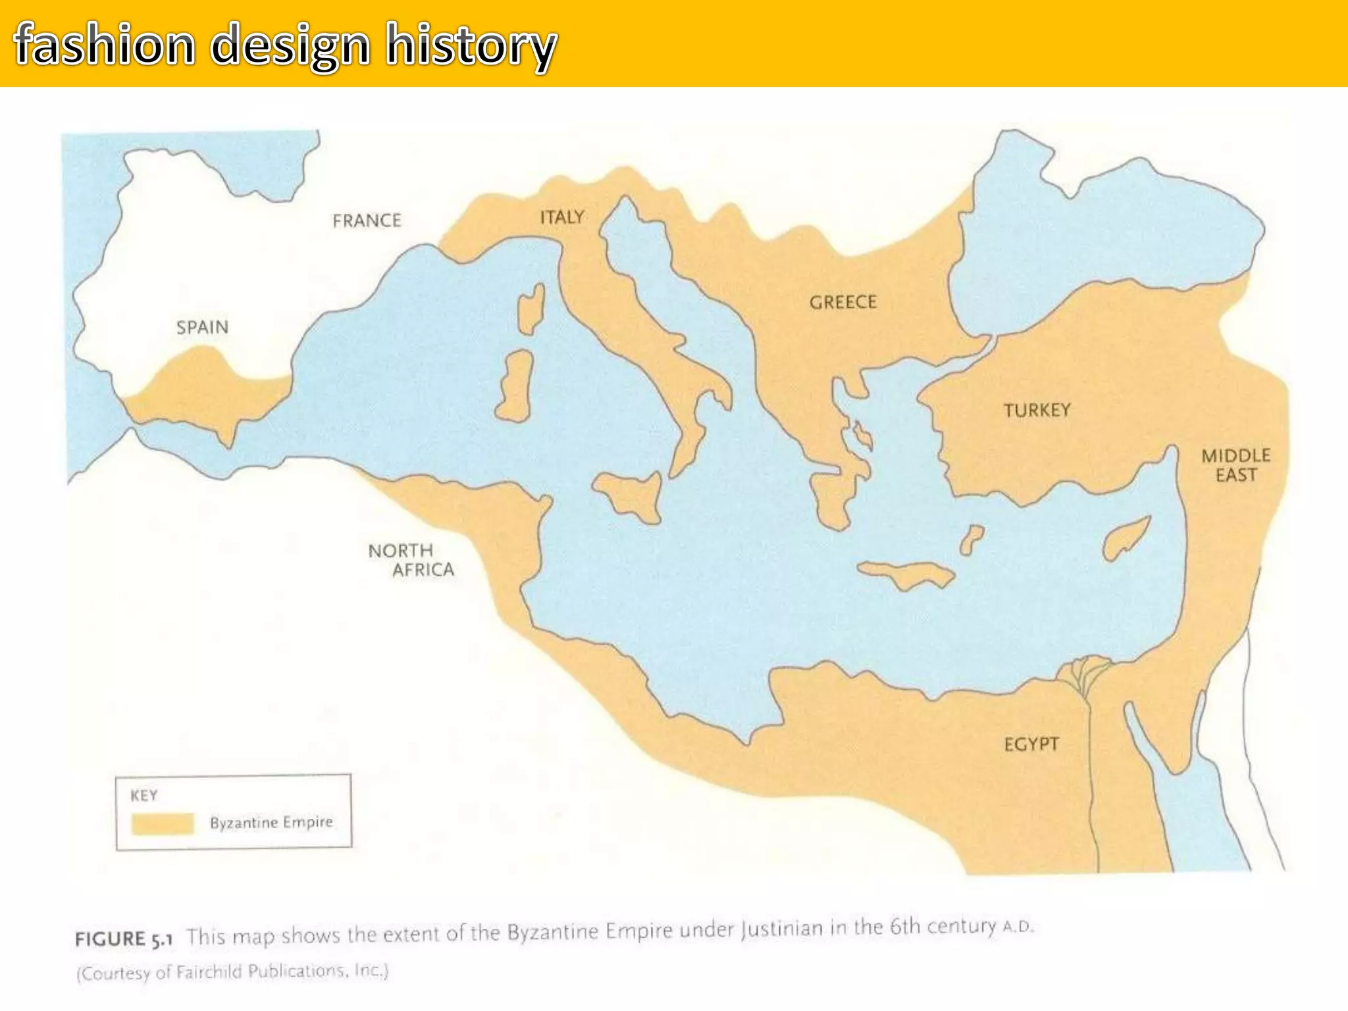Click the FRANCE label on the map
[x=367, y=220]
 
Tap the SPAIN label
[x=202, y=327]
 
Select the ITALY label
[x=561, y=217]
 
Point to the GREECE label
[x=843, y=302]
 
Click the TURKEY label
[x=1037, y=410]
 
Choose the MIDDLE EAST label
[x=1235, y=465]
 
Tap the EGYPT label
[x=1031, y=744]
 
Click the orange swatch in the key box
[x=163, y=823]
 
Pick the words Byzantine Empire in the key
[x=271, y=822]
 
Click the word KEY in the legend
[x=144, y=796]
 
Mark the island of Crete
[x=906, y=575]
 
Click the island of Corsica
[x=531, y=309]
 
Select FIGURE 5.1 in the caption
[x=124, y=939]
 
